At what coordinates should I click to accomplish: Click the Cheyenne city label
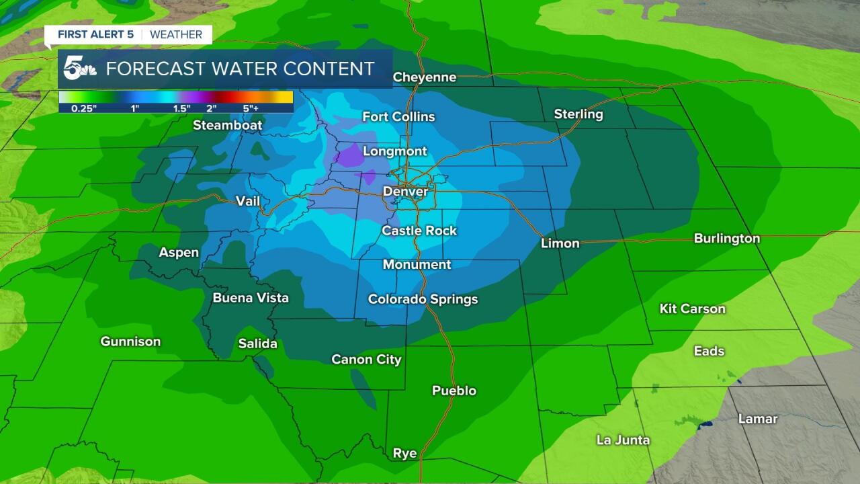[x=424, y=77]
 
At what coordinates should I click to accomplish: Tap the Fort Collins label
[x=398, y=117]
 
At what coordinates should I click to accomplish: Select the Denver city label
[x=405, y=192]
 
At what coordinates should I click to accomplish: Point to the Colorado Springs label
[x=423, y=300]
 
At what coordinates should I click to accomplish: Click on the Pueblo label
[x=454, y=391]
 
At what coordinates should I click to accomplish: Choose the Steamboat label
[x=227, y=125]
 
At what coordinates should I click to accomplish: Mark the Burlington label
[x=726, y=239]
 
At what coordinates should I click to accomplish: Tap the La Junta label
[x=623, y=440]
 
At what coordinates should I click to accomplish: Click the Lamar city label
[x=757, y=419]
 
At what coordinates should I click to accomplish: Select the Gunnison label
[x=130, y=341]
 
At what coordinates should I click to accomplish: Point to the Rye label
[x=404, y=454]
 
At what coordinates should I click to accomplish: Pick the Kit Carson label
[x=692, y=309]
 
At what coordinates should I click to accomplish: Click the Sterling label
[x=578, y=114]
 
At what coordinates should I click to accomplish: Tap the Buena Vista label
[x=250, y=298]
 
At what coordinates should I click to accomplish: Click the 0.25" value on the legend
[x=84, y=108]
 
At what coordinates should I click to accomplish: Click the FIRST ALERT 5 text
[x=95, y=34]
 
